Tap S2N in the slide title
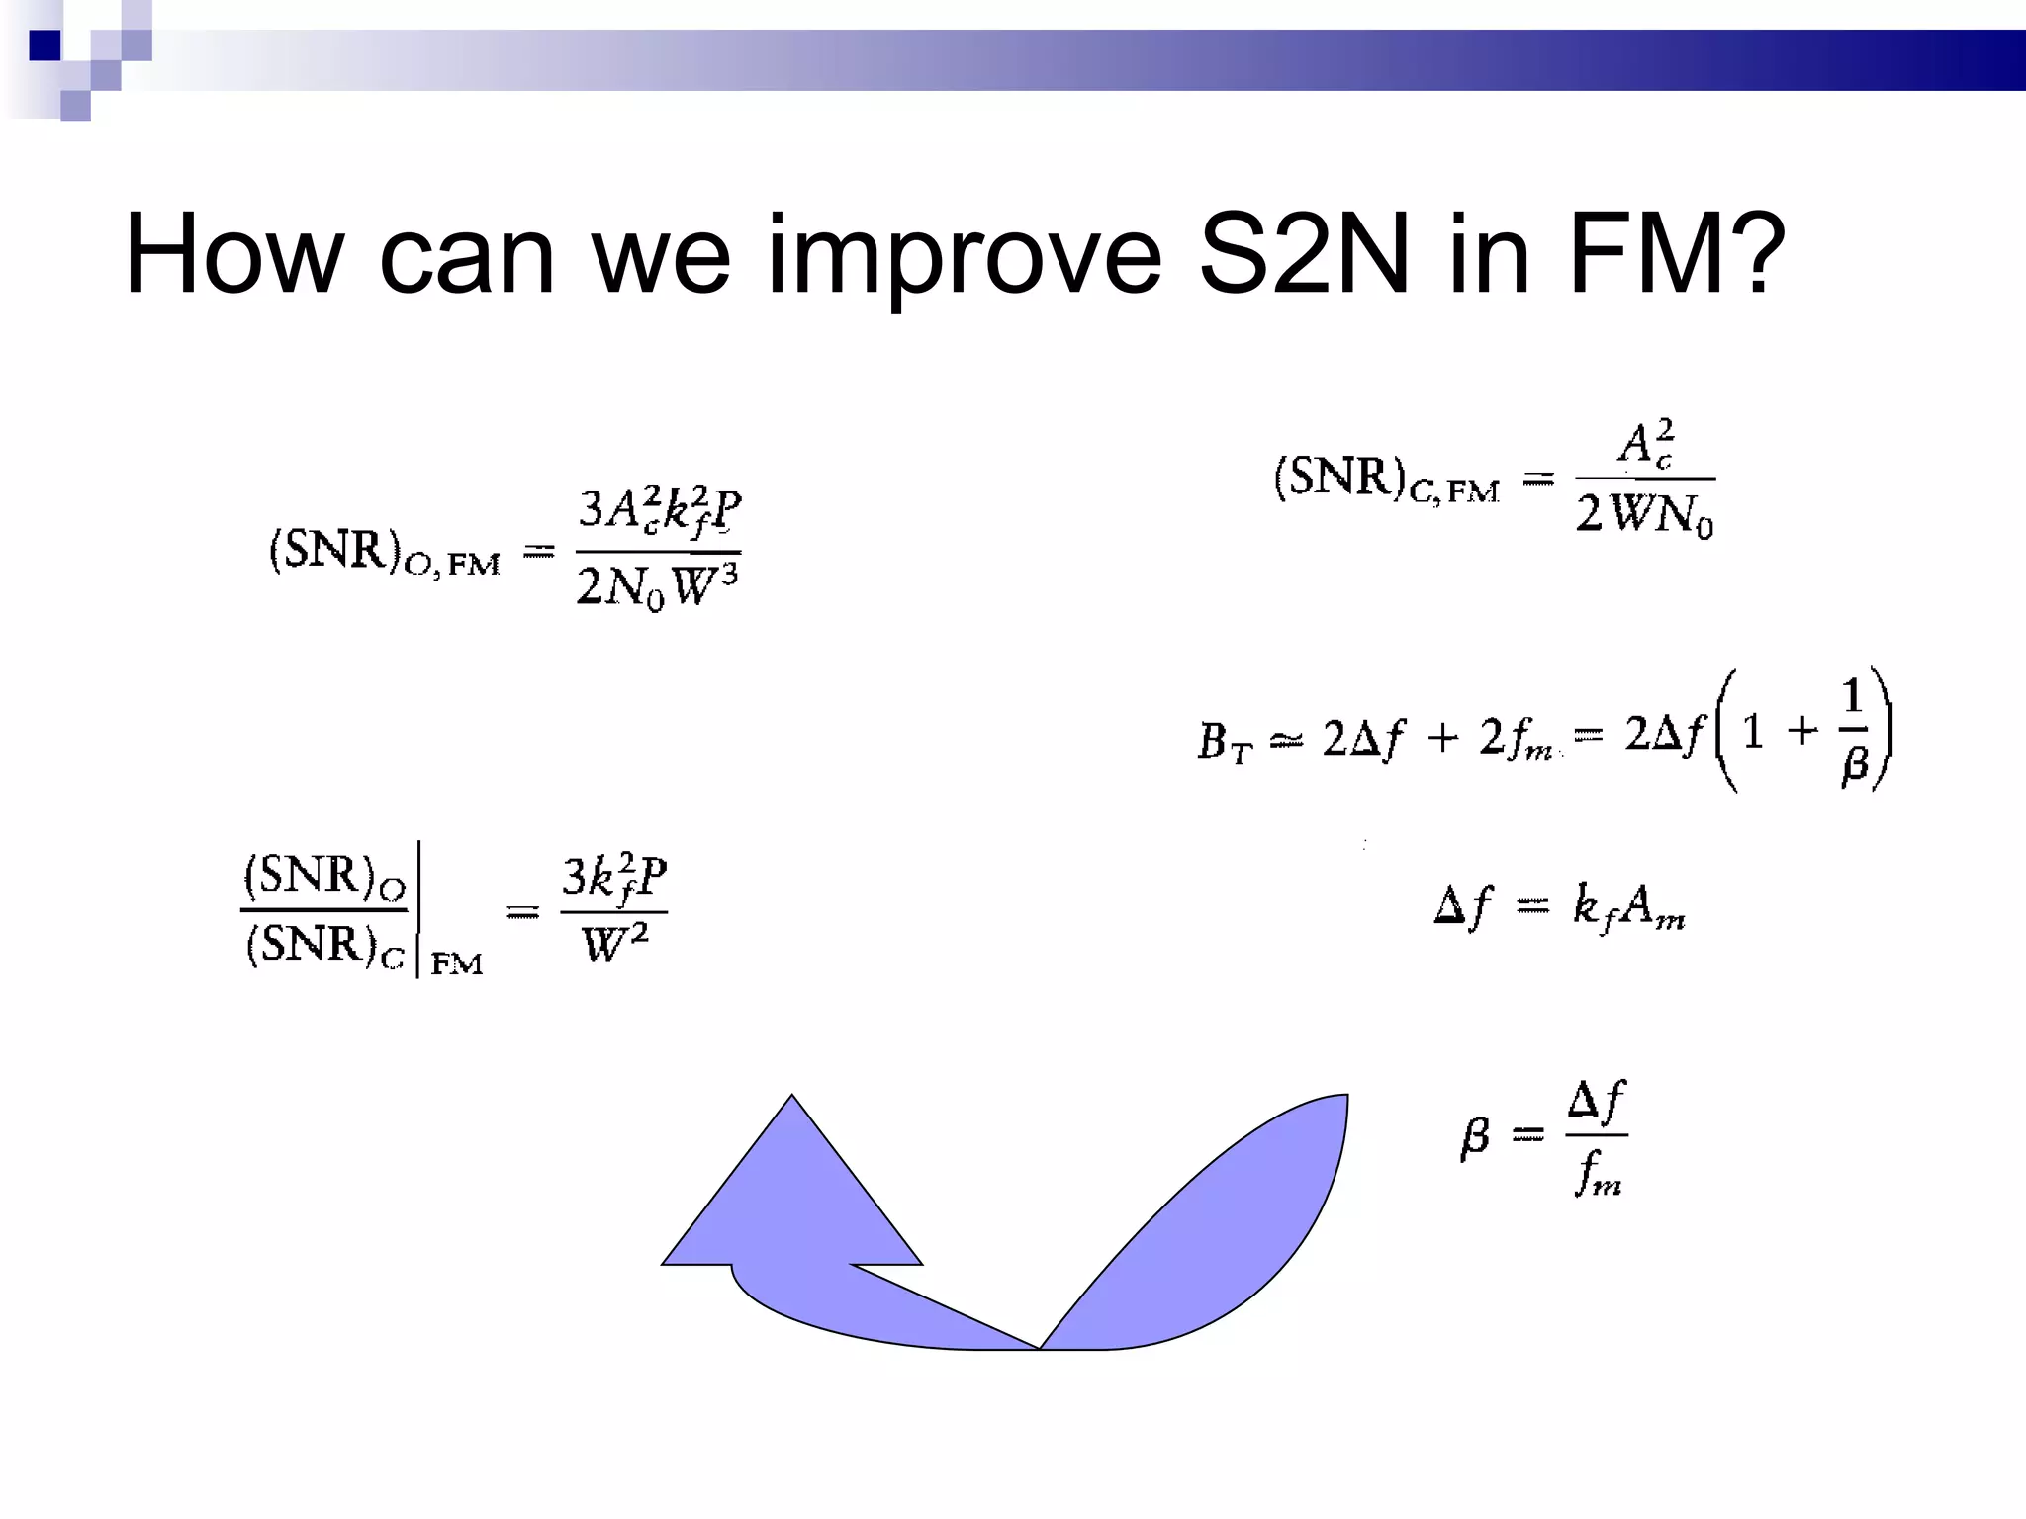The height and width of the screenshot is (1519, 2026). pos(1304,255)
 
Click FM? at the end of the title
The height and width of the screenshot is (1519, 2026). pos(1678,255)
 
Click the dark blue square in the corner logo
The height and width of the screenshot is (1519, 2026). pos(45,45)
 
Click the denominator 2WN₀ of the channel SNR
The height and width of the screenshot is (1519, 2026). pos(1644,514)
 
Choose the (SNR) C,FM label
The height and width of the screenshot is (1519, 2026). pos(1386,480)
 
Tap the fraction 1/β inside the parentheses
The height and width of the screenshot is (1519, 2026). pos(1853,732)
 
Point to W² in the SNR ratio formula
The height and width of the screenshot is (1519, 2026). pos(614,941)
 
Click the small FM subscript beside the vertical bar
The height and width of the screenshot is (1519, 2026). pos(457,963)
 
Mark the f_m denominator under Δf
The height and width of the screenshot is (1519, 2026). pos(1598,1175)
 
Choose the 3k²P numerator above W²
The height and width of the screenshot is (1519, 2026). pos(614,876)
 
